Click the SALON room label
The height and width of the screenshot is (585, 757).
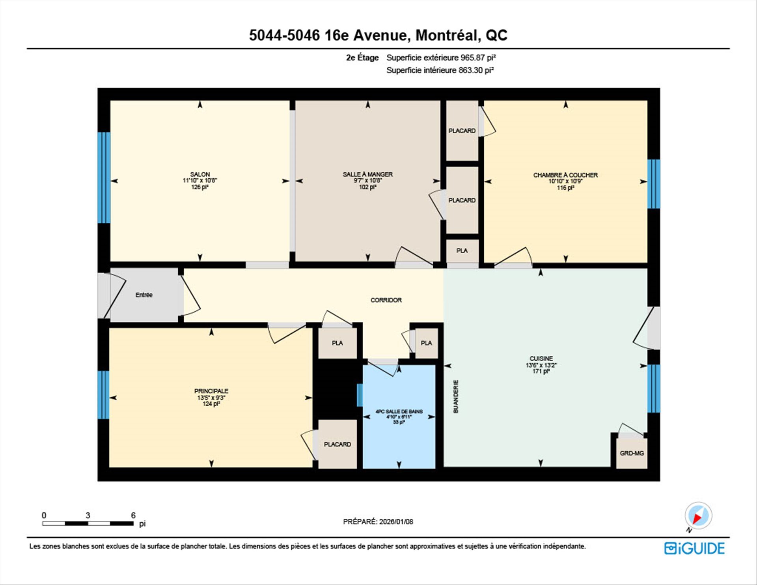200,174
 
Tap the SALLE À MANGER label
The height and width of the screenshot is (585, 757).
367,174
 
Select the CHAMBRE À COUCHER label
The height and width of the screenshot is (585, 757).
565,175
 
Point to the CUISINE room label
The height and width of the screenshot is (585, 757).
541,358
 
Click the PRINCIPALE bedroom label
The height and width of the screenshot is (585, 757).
211,391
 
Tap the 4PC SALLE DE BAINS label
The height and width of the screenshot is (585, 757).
399,411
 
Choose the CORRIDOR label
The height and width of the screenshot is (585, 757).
386,300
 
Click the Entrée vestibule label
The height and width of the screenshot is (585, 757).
144,295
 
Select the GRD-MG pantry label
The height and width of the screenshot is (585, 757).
632,453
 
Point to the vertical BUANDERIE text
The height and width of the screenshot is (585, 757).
456,396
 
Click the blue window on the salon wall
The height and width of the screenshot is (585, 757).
104,178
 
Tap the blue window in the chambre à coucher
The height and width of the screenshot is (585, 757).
654,184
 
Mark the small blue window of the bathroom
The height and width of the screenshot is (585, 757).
360,395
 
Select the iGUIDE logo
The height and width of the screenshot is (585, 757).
694,548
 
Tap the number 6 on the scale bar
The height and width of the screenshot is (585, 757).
133,515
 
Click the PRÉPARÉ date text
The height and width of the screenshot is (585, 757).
378,521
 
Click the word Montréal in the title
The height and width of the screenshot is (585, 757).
448,36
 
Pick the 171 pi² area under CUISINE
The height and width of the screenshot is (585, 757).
541,371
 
